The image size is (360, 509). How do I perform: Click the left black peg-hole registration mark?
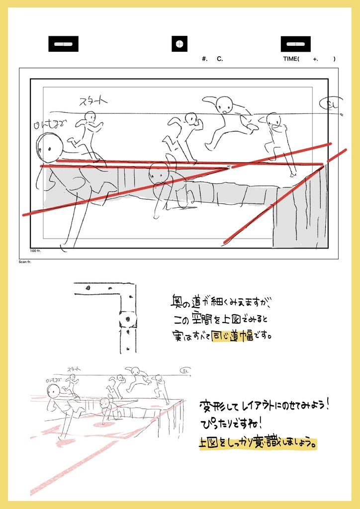[63, 44]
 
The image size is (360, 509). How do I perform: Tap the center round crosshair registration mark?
[180, 44]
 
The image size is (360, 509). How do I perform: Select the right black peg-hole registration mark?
[295, 44]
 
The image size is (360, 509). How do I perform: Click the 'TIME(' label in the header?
[292, 59]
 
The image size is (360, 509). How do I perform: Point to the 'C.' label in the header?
[220, 59]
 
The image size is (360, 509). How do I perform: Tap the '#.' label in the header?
[205, 59]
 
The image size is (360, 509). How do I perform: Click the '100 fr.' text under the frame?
[35, 251]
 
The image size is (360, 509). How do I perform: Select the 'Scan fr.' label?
[25, 261]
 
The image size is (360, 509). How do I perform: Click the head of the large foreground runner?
[50, 147]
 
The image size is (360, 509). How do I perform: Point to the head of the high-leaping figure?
[224, 105]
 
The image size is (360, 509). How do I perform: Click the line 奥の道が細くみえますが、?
[221, 303]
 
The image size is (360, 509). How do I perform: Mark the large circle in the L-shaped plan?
[127, 318]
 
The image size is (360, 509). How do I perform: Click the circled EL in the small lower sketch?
[185, 371]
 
